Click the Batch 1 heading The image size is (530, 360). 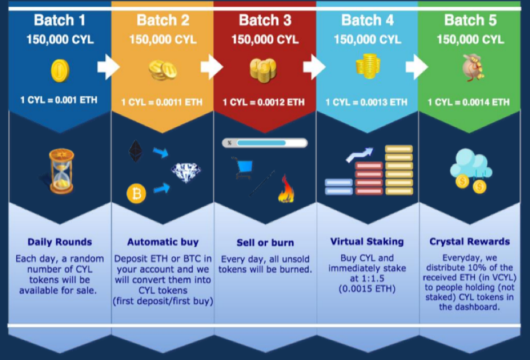coord(60,20)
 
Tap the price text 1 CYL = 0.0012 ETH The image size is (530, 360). coord(264,102)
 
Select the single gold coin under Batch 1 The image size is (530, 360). coord(60,70)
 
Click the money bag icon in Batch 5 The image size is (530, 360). coord(473,68)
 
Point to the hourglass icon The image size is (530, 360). coord(61,171)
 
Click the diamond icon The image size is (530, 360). coord(186,172)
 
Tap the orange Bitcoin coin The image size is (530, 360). coord(136,194)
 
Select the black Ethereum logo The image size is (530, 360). coord(136,151)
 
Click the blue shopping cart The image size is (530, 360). coord(243,168)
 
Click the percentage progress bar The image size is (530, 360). coord(265,143)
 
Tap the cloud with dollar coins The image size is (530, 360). coord(471,171)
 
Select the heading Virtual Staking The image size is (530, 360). coord(367,241)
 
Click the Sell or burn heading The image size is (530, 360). coord(265,243)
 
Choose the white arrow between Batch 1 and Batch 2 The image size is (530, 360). coord(109,66)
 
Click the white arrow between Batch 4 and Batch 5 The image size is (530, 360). coord(417,66)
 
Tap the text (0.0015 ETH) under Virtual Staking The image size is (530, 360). coord(367,289)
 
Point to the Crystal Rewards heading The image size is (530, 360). coord(470,241)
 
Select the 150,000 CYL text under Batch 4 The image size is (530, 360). coord(367,40)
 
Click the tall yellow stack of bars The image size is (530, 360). coord(399,170)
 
